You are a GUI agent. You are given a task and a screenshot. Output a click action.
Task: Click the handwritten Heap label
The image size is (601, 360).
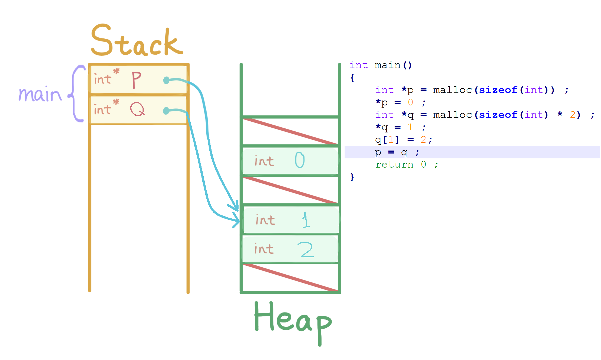(293, 321)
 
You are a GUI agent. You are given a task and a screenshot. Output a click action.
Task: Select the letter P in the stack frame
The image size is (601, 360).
(136, 80)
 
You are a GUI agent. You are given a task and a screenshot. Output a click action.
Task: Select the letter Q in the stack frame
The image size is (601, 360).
(137, 109)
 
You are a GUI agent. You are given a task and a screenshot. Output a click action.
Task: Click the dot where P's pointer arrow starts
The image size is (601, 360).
(166, 80)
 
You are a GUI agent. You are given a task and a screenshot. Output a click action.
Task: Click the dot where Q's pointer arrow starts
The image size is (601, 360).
(166, 111)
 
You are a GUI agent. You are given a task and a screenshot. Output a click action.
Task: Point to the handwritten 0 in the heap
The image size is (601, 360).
(300, 160)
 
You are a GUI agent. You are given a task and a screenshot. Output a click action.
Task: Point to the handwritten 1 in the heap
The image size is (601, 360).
(306, 220)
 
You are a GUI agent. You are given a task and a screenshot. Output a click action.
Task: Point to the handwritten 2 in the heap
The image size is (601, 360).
(306, 249)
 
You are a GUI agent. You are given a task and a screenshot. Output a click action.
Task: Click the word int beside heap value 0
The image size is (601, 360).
(264, 161)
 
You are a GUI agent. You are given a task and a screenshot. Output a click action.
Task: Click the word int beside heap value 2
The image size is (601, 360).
(264, 249)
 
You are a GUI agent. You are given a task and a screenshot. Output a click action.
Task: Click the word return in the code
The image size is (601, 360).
(394, 165)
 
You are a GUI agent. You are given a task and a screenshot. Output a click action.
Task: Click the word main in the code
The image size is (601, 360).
(387, 65)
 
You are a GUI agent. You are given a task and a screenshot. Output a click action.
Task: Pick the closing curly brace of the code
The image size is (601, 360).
(352, 177)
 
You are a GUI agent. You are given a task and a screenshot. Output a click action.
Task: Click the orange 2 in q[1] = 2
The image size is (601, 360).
(423, 140)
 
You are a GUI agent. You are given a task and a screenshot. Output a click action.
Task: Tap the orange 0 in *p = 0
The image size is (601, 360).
(410, 102)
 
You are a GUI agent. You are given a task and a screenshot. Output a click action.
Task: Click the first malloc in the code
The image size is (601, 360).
(453, 90)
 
